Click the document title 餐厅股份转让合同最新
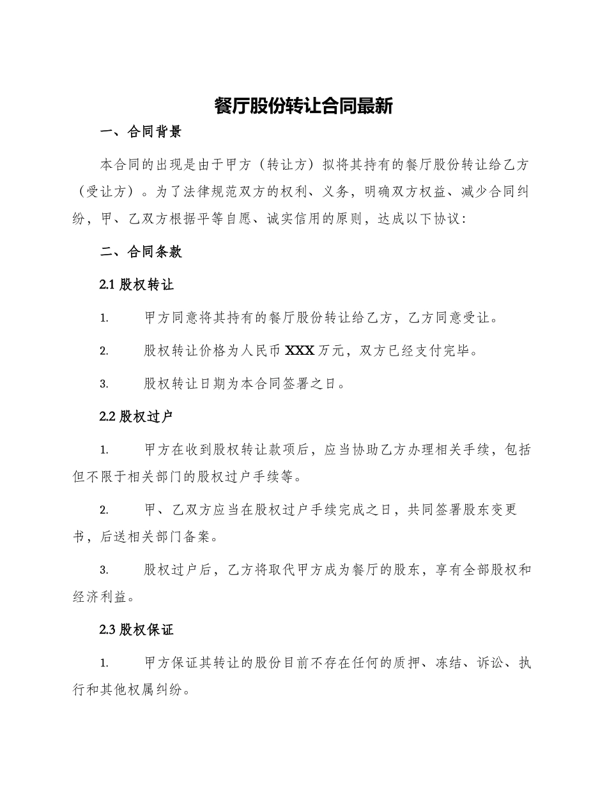[303, 106]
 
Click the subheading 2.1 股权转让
[137, 285]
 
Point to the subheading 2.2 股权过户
[137, 417]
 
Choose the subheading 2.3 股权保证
[137, 631]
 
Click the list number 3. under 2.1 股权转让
[104, 384]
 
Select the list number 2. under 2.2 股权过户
[104, 511]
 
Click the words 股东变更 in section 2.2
[489, 511]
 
